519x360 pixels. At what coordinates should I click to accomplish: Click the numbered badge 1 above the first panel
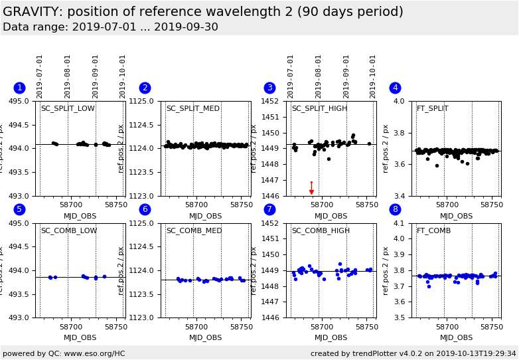tap(19, 88)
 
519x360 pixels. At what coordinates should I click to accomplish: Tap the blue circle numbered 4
tap(395, 88)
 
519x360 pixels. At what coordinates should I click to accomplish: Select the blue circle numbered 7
tap(269, 210)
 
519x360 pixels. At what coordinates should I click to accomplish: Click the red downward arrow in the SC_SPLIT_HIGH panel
tap(311, 192)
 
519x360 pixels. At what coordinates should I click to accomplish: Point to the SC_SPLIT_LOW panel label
tap(68, 109)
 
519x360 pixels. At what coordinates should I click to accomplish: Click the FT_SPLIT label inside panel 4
tap(432, 109)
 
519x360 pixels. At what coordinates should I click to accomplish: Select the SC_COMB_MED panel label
tap(193, 231)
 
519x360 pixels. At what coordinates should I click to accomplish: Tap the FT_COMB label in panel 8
tap(433, 231)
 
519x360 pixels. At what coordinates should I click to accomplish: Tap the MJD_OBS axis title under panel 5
tap(80, 337)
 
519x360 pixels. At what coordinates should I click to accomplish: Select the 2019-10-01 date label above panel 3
tap(374, 76)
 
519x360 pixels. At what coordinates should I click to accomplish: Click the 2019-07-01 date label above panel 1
tap(40, 76)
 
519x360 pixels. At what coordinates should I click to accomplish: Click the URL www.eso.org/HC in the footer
tap(93, 353)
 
